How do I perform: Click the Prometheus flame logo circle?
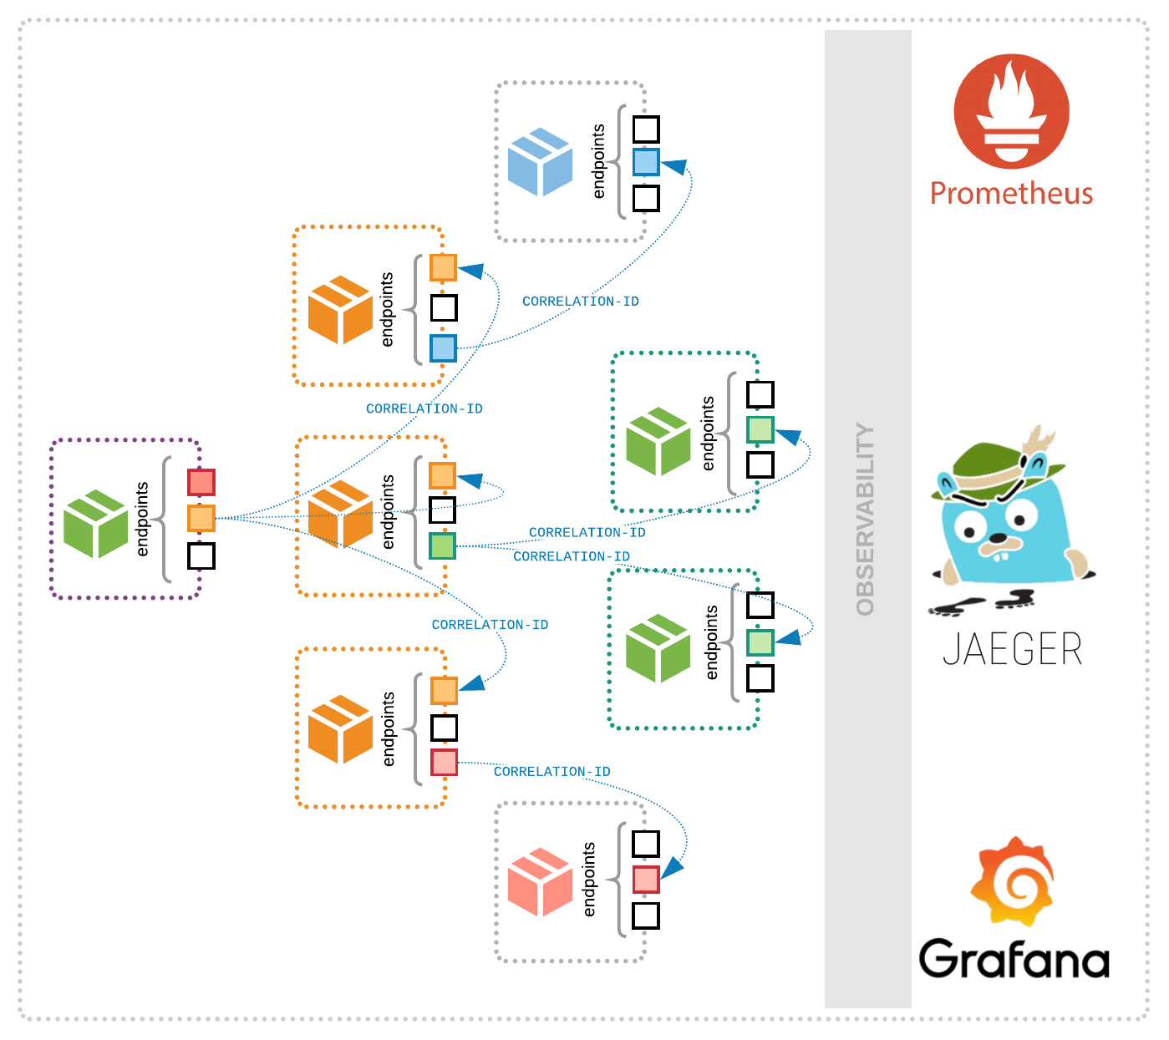(1011, 111)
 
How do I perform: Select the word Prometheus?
(1011, 192)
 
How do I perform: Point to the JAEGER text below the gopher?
(1012, 649)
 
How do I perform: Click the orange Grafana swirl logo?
(1013, 881)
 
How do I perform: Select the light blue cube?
(540, 162)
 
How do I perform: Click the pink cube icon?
(540, 882)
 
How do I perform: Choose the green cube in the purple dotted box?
(96, 524)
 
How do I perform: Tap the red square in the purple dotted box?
(201, 482)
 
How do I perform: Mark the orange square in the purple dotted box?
(201, 518)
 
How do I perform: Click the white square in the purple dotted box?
(201, 556)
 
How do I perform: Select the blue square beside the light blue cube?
(646, 162)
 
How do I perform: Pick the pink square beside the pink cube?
(646, 879)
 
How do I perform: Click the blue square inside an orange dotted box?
(443, 348)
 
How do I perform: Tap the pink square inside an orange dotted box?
(444, 762)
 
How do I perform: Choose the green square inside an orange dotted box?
(442, 546)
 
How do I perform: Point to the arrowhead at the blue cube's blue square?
(674, 166)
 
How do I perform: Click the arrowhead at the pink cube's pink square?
(672, 868)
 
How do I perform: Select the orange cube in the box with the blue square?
(340, 310)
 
